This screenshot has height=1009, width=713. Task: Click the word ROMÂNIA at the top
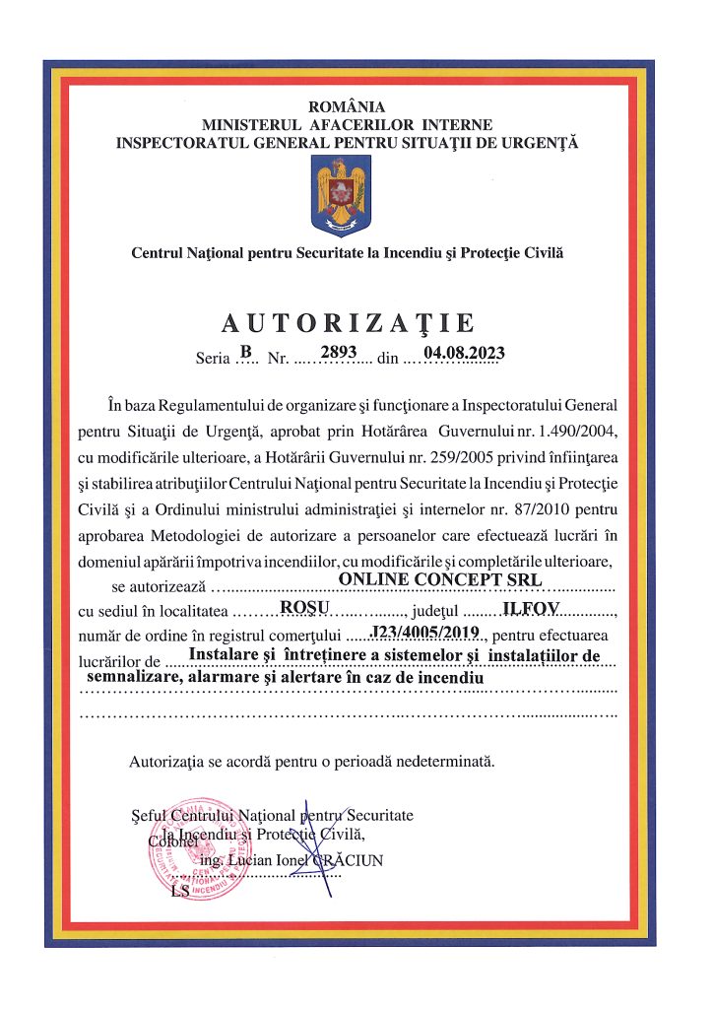tap(347, 106)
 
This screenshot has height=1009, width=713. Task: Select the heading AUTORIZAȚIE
tap(348, 323)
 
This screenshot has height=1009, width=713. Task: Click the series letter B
tap(246, 352)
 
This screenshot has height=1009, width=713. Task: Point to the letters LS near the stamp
tap(179, 892)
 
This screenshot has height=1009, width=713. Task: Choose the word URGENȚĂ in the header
tap(539, 142)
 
